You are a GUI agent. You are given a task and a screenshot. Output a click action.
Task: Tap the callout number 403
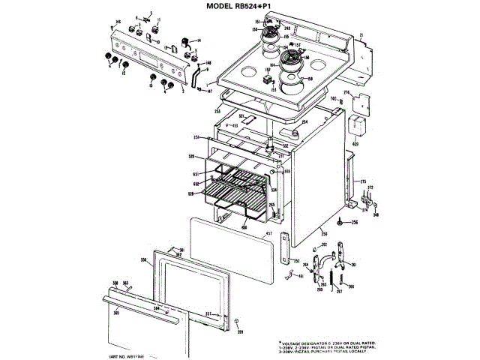(x=355, y=143)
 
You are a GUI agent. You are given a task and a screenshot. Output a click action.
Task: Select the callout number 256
(x=355, y=222)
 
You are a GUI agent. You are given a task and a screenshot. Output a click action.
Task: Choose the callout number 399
(x=241, y=331)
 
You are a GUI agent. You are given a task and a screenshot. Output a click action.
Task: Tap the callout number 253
(x=217, y=111)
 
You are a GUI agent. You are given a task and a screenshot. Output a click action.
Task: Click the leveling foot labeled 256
(x=340, y=222)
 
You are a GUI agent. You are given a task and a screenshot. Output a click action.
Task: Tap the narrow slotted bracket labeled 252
(x=286, y=247)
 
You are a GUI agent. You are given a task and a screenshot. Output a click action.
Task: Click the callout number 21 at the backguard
(x=360, y=35)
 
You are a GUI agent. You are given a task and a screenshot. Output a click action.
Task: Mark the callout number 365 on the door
(x=115, y=312)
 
